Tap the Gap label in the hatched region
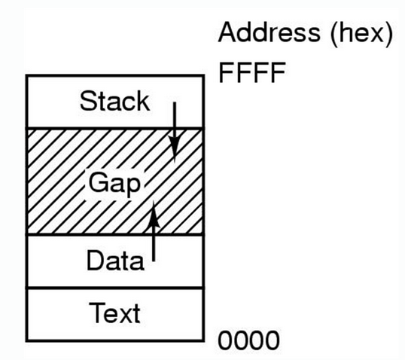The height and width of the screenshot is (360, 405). click(114, 183)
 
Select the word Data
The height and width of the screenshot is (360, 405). click(114, 261)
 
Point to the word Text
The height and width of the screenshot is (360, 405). click(114, 312)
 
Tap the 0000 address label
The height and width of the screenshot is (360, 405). click(248, 340)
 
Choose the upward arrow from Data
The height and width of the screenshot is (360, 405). click(154, 237)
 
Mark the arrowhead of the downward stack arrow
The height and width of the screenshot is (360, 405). click(175, 150)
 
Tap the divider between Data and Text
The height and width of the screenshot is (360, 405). click(114, 288)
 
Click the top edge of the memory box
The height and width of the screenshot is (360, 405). click(114, 77)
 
